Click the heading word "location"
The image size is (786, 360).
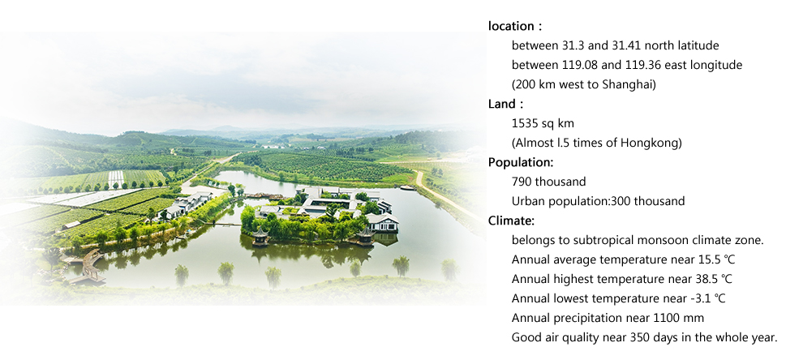point(511,26)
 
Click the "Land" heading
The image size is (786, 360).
point(500,105)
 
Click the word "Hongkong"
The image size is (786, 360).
point(651,144)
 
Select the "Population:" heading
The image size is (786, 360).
point(521,163)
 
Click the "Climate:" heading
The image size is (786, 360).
point(511,221)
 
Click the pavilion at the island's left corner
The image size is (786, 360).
point(260,236)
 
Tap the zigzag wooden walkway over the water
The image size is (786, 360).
point(88,266)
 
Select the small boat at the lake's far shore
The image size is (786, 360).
point(407,188)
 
